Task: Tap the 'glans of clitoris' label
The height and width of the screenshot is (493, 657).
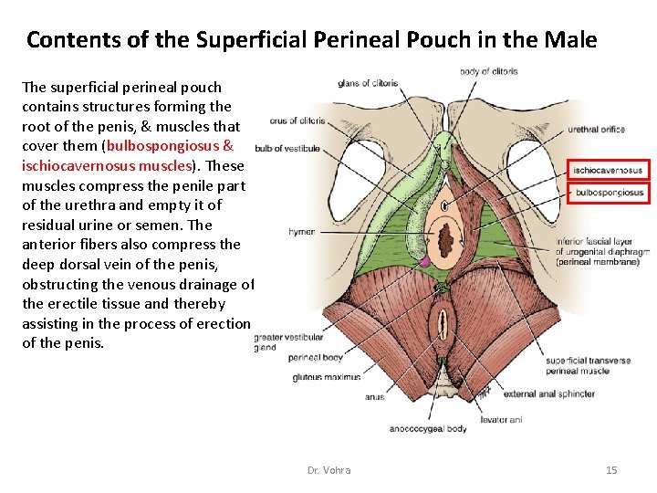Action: point(368,83)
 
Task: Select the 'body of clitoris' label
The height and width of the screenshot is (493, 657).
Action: point(488,71)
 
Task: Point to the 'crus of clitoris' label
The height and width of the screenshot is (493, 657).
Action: point(297,121)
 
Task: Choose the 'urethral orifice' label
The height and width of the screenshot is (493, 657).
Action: point(596,130)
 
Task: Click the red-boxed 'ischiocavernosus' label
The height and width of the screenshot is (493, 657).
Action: point(609,170)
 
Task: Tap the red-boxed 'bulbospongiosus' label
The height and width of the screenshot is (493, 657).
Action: point(609,193)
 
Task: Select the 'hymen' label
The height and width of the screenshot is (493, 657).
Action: point(301,232)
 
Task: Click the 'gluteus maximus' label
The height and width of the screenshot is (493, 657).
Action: point(326,376)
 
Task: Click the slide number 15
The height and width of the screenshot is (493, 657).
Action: point(611,470)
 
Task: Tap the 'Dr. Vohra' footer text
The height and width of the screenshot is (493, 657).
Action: point(328,470)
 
